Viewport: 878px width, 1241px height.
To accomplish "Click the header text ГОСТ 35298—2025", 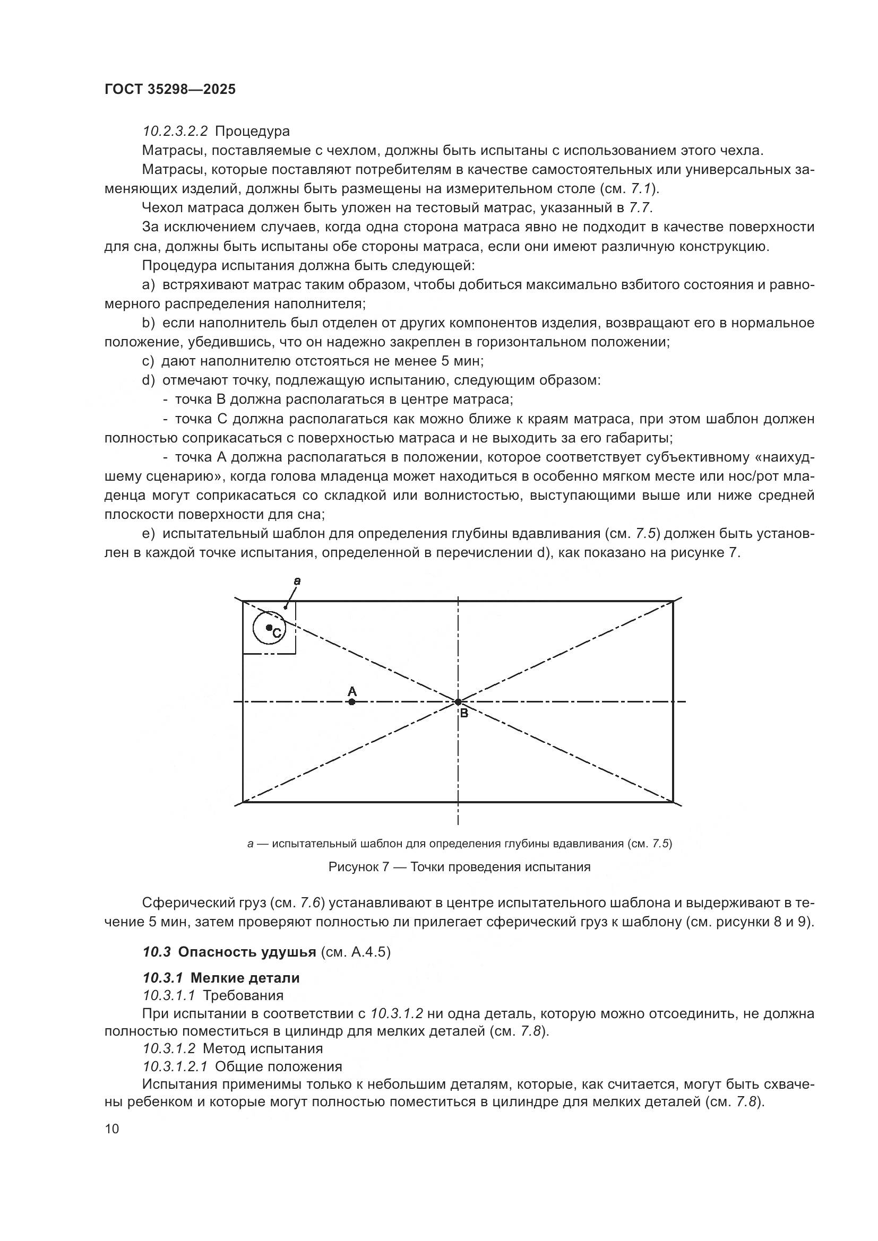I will (x=170, y=90).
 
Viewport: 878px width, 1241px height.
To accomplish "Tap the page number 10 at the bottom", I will (x=112, y=1129).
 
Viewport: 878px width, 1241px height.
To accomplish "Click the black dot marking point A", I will (x=352, y=702).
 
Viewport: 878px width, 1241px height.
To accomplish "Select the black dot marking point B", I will (x=458, y=702).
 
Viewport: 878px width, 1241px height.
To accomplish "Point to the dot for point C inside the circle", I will (x=269, y=628).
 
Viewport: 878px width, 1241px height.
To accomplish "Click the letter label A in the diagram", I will (x=352, y=691).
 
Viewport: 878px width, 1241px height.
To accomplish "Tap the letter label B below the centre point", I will (x=463, y=714).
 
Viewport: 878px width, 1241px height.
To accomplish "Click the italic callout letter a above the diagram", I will (x=297, y=582).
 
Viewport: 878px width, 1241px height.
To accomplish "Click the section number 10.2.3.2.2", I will (x=176, y=132).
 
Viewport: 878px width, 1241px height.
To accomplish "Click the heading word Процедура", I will (x=253, y=132).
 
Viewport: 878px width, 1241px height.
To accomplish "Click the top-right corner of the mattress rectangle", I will (x=673, y=601).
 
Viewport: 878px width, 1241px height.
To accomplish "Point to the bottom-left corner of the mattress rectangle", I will (x=243, y=802).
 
